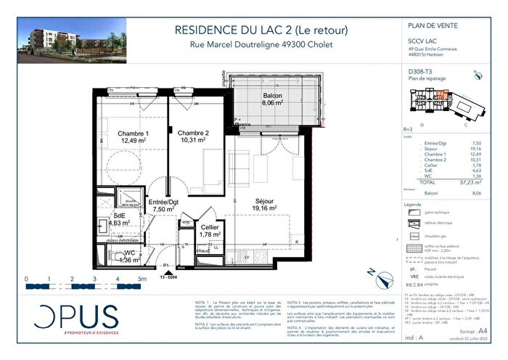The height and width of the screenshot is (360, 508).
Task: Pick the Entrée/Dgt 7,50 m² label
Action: [165, 205]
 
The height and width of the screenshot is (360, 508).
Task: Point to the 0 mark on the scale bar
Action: [26, 279]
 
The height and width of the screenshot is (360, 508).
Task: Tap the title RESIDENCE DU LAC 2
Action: [261, 30]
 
